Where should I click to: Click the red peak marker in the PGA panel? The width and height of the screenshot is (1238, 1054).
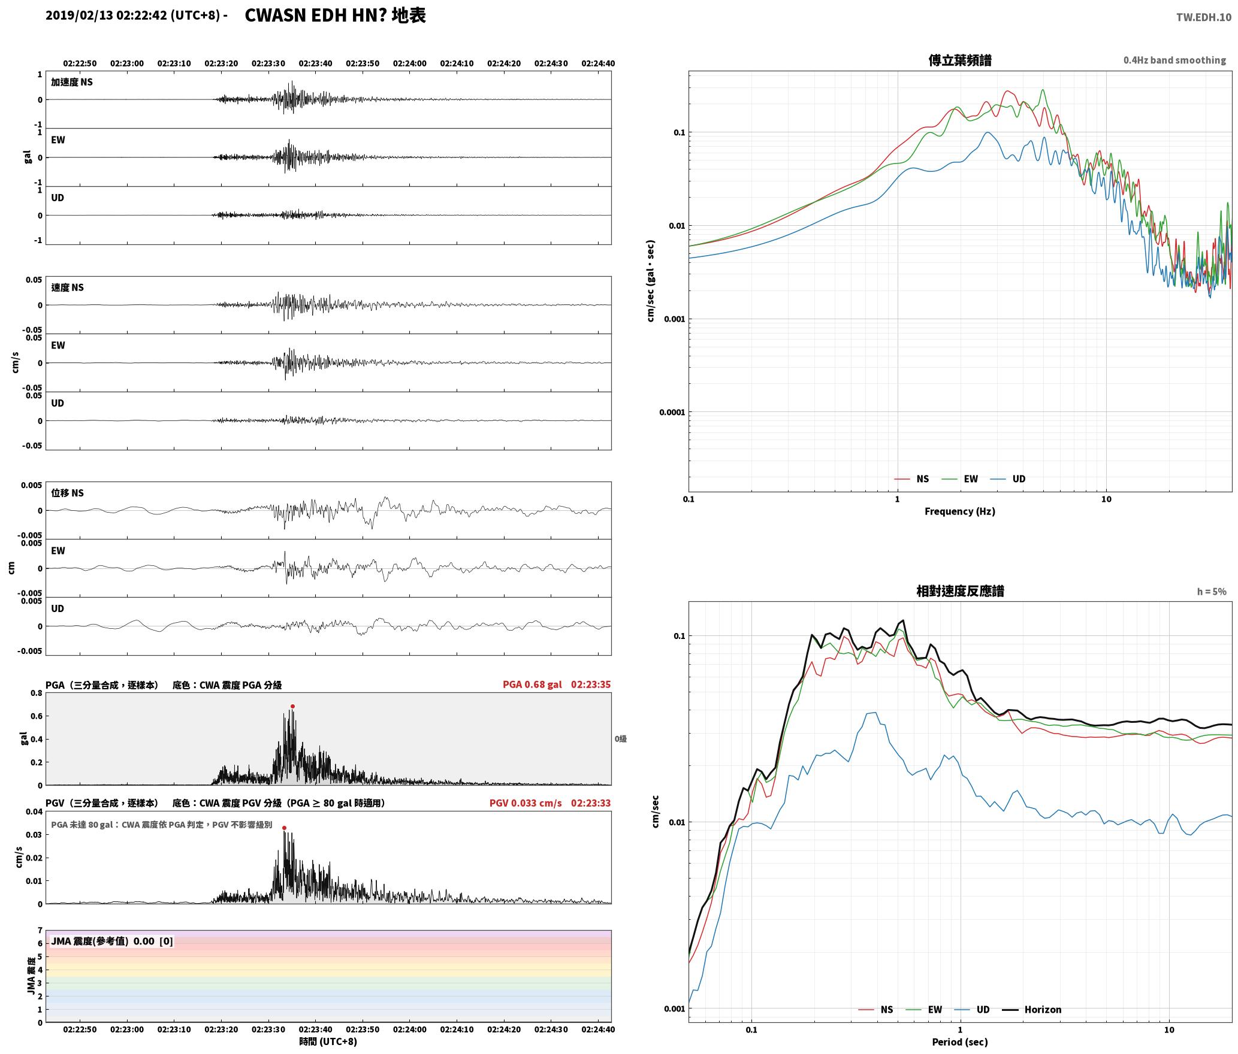click(292, 707)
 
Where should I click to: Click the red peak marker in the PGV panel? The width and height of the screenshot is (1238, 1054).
click(284, 828)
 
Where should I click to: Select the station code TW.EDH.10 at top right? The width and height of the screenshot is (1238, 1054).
click(1204, 17)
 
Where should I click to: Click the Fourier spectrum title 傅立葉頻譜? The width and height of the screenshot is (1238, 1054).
click(959, 60)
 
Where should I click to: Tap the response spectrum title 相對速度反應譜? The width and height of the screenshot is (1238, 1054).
click(960, 591)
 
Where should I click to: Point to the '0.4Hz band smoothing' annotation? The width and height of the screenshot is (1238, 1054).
click(1174, 60)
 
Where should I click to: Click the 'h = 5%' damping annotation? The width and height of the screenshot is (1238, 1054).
click(1212, 592)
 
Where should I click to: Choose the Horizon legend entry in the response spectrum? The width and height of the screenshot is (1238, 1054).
click(1032, 1010)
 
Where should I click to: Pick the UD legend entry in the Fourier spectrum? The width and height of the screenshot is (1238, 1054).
click(1008, 479)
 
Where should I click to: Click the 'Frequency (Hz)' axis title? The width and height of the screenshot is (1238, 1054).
click(959, 511)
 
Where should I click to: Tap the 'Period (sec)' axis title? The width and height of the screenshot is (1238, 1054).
click(959, 1042)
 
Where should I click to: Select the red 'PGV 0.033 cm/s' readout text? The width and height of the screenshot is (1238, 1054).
click(526, 803)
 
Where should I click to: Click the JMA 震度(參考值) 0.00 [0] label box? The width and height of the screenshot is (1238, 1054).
click(112, 941)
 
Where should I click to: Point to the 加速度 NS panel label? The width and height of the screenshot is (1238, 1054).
click(72, 82)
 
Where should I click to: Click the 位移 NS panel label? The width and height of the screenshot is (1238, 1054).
click(67, 493)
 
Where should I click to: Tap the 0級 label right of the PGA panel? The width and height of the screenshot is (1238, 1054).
click(620, 739)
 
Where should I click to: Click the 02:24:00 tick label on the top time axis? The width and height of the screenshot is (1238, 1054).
click(410, 63)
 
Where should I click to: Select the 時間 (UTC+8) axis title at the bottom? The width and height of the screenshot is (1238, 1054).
click(328, 1042)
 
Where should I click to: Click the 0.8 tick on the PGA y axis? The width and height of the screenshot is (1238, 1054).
click(37, 693)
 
